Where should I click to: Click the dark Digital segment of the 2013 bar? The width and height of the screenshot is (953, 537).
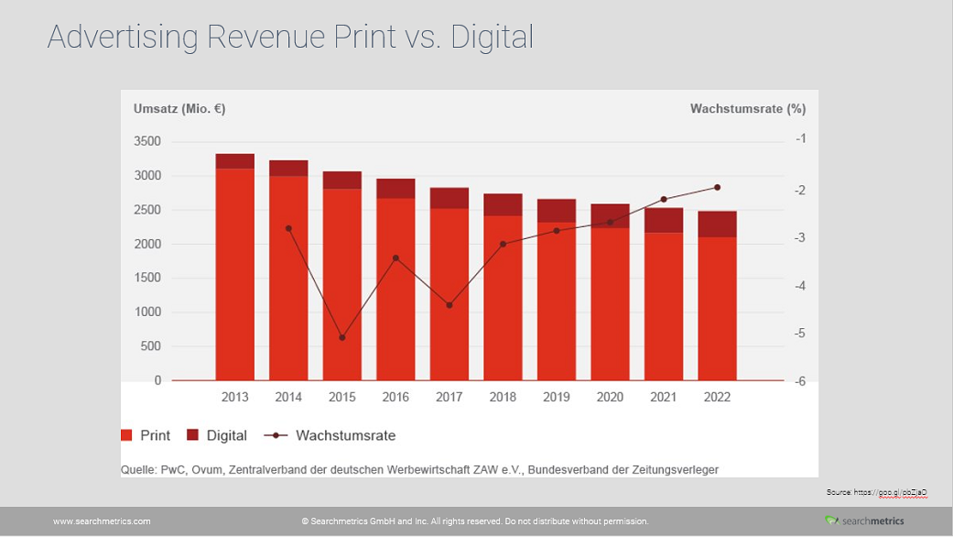[235, 161]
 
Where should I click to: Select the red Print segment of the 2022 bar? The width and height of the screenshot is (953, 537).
[717, 308]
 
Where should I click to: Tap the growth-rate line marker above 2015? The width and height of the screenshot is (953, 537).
[342, 338]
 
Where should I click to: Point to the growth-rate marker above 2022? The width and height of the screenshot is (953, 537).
[717, 187]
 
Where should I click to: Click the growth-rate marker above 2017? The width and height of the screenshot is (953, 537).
[449, 305]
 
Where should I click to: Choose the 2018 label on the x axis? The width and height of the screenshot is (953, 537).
[503, 397]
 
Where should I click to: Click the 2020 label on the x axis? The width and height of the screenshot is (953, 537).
[610, 397]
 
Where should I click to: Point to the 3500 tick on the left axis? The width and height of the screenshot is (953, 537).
[146, 141]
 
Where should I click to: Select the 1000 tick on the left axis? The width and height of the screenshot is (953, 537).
[146, 312]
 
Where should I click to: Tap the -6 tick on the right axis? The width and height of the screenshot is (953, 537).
[800, 381]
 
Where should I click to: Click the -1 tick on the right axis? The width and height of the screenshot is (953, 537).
[800, 138]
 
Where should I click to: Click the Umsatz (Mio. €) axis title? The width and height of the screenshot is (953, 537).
[179, 109]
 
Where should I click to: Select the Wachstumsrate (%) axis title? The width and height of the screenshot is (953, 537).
[747, 109]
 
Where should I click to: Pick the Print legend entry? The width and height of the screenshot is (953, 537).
[146, 436]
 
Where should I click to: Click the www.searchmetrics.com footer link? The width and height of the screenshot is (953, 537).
[102, 521]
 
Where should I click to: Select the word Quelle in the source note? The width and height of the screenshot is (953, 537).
[138, 470]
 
